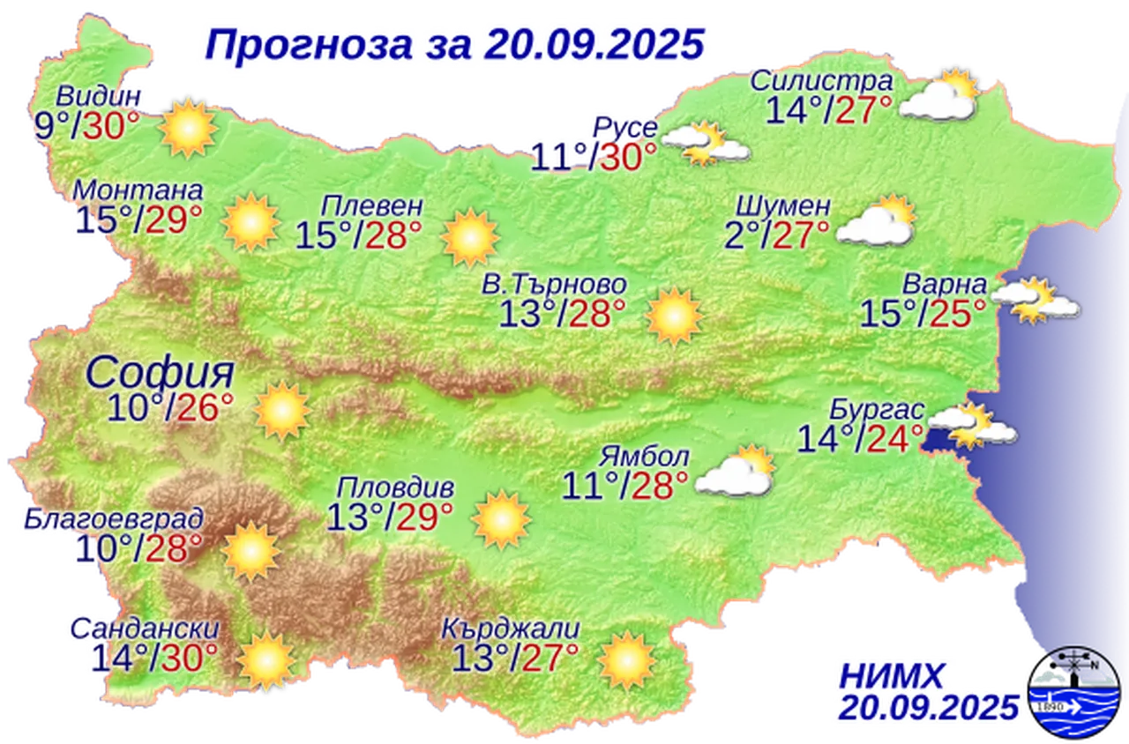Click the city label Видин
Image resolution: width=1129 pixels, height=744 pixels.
97,96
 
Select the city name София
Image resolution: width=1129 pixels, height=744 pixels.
161,374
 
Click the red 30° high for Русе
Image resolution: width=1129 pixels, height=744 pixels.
628,157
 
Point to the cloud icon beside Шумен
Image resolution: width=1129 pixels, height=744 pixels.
875,221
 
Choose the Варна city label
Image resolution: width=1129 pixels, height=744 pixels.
943,286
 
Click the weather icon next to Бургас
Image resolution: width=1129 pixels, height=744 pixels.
970,426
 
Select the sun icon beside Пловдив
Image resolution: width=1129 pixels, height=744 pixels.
501,519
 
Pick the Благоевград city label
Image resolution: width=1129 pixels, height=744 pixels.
138,517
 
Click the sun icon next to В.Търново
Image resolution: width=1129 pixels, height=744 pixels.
674,316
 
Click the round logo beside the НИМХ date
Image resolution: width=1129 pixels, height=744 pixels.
1077,692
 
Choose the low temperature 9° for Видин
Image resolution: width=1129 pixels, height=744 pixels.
45,126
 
